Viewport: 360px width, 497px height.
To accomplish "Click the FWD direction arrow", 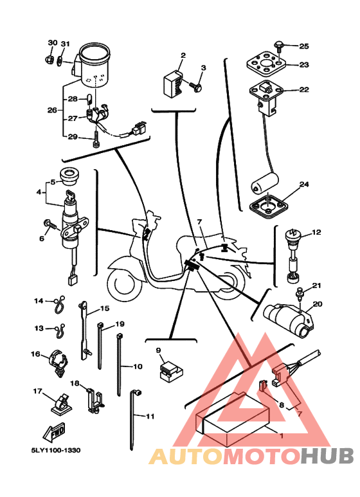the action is tap(55, 432).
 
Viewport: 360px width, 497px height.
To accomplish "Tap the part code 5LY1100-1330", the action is tap(55, 450).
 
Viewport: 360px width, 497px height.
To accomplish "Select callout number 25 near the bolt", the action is tap(304, 46).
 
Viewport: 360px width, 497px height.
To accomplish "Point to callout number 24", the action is tap(304, 184).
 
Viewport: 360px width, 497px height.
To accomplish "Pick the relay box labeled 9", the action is tap(172, 371).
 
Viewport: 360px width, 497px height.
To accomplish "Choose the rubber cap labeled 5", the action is tap(69, 177).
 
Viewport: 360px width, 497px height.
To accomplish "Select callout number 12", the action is tap(316, 232).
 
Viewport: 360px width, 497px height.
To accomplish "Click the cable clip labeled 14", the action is tap(59, 305).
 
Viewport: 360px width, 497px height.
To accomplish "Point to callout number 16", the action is tap(35, 354).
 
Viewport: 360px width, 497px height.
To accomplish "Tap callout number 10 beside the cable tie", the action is tap(138, 366).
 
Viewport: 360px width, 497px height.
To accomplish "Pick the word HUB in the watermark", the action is tap(327, 456).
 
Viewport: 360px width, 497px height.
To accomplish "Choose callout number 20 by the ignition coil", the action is tap(317, 304).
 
